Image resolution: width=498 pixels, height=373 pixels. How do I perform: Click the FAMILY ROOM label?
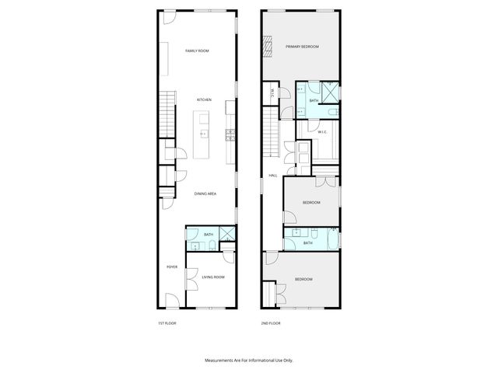click(197, 51)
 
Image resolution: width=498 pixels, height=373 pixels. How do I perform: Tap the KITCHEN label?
click(204, 100)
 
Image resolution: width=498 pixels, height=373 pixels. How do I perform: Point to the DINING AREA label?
click(205, 193)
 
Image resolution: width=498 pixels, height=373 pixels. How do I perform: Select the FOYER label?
click(172, 267)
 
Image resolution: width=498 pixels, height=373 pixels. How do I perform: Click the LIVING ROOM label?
click(213, 277)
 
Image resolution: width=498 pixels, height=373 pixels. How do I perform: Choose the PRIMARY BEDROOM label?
click(302, 47)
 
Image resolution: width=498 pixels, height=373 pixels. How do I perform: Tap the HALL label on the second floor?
click(273, 176)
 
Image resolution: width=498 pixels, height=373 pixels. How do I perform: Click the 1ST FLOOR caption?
click(167, 322)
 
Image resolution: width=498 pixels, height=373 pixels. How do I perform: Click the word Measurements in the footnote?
click(223, 361)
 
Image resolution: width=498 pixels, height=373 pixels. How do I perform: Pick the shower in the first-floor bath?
click(226, 235)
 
